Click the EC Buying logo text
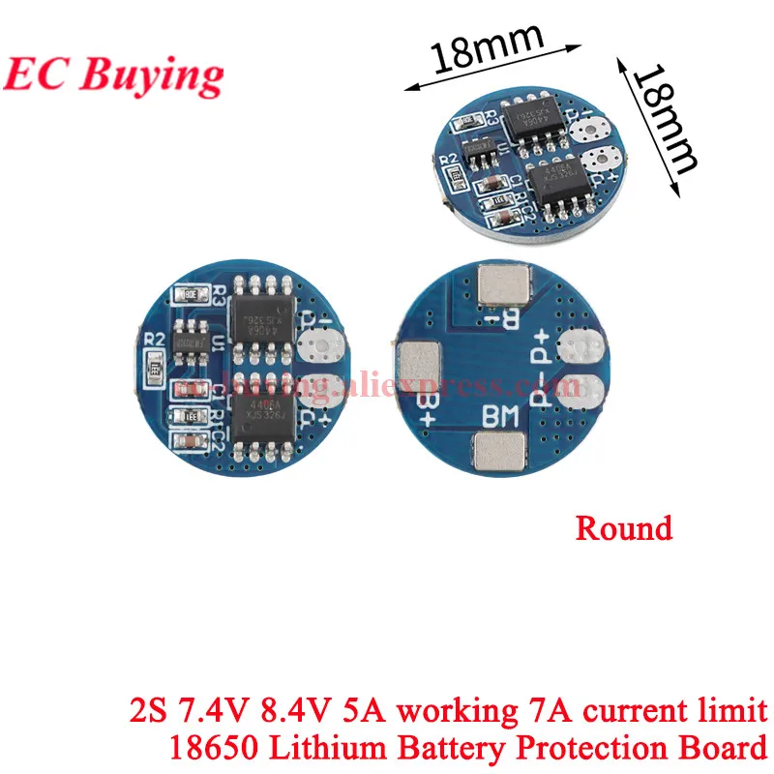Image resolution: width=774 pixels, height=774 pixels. point(113,72)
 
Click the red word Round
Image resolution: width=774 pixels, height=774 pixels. point(623,528)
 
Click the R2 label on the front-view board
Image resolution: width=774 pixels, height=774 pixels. point(152,340)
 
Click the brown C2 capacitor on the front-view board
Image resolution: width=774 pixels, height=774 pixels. point(191,440)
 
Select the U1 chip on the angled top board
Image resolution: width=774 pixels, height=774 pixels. point(478,150)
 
